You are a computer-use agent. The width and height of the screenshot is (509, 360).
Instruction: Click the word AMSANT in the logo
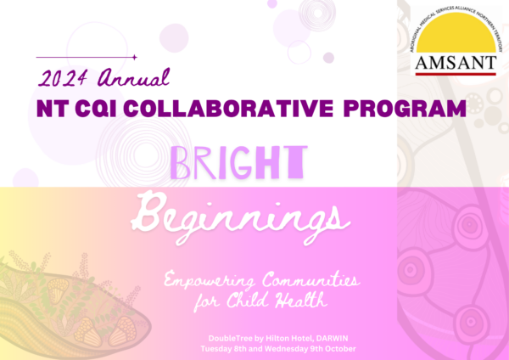click(456, 63)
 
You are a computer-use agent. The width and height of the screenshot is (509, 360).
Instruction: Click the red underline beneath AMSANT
click(456, 74)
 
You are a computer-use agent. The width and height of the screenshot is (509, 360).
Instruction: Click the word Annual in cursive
click(134, 77)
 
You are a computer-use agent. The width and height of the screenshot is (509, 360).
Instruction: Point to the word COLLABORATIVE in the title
click(228, 109)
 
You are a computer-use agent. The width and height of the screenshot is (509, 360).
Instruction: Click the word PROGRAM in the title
click(405, 109)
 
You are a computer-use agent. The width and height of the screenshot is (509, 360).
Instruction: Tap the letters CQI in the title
click(95, 109)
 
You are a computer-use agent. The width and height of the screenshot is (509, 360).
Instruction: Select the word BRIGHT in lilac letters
click(238, 162)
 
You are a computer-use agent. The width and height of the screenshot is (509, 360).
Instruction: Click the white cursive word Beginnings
click(241, 217)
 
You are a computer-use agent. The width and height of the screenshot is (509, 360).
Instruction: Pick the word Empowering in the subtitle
click(210, 280)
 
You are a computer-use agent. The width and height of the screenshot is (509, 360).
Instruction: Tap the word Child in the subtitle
click(248, 300)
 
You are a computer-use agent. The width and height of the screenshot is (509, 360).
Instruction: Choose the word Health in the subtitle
click(301, 300)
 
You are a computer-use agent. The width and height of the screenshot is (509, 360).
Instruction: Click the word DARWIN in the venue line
click(332, 338)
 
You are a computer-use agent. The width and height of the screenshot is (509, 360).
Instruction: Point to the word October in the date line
click(343, 349)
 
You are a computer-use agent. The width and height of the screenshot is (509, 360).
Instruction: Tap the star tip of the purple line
click(135, 57)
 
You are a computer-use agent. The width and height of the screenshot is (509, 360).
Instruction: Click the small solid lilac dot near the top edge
click(272, 3)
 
